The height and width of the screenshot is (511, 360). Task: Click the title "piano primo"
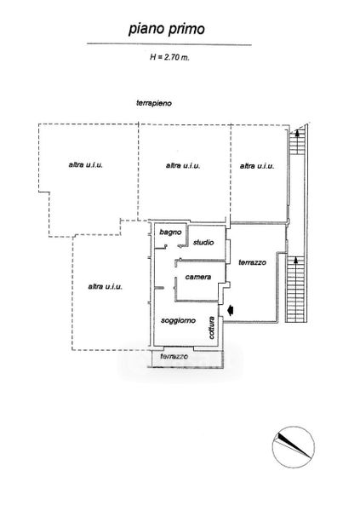pos(167,29)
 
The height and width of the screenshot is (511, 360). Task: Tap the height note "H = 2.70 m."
pos(169,57)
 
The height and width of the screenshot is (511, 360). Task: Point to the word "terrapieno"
pos(154,103)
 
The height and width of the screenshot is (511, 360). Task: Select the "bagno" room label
pos(170,233)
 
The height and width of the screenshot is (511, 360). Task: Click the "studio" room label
pos(203,243)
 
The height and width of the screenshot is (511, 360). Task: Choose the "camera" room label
pos(198,277)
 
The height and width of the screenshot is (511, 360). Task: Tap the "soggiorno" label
pos(178,321)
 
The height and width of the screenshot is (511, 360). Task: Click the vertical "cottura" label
pos(212,328)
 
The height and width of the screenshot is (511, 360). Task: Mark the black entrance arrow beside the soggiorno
pos(231,310)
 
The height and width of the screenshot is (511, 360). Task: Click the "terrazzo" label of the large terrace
pos(252,262)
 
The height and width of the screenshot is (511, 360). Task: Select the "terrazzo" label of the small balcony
pos(174,357)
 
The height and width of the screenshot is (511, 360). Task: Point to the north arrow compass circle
pos(294,447)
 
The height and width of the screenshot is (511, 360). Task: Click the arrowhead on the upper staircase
pos(297,132)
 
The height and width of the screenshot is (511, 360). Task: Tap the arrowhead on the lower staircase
pos(296,260)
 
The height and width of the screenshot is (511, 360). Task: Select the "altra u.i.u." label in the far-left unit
pos(86,165)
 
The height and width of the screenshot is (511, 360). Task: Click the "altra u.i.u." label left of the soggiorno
pos(106,287)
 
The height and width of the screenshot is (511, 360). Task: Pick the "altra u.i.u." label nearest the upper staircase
pos(257,166)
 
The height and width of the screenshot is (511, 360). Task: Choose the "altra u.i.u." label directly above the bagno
pos(183,165)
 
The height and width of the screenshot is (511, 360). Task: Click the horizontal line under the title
pos(169,44)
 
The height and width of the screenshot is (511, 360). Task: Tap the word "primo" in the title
pos(186,30)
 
